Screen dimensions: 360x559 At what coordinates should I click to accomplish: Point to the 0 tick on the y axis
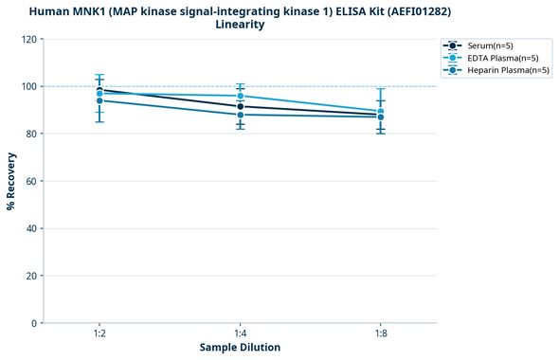pyautogui.click(x=35, y=323)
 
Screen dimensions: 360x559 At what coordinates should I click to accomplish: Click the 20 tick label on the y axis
pyautogui.click(x=32, y=276)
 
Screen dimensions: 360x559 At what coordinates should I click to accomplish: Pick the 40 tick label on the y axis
pyautogui.click(x=32, y=228)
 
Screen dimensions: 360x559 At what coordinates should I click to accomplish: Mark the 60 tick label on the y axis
pyautogui.click(x=32, y=181)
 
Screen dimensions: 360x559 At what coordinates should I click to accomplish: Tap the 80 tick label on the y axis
pyautogui.click(x=32, y=134)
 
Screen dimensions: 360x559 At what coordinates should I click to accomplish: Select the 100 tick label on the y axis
pyautogui.click(x=29, y=86)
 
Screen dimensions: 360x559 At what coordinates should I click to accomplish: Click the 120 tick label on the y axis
pyautogui.click(x=29, y=39)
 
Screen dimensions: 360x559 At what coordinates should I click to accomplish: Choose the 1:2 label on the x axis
pyautogui.click(x=99, y=334)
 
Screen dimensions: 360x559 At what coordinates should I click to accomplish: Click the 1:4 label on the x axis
pyautogui.click(x=240, y=334)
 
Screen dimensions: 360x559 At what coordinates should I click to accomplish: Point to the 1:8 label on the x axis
pyautogui.click(x=381, y=334)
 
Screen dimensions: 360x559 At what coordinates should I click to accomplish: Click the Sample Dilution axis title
pyautogui.click(x=240, y=348)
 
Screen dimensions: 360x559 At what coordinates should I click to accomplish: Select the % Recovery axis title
pyautogui.click(x=11, y=181)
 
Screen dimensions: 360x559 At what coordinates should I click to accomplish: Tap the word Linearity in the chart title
pyautogui.click(x=240, y=25)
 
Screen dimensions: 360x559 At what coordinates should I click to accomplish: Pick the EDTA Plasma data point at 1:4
pyautogui.click(x=241, y=96)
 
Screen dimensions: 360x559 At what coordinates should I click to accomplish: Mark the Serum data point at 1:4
pyautogui.click(x=241, y=106)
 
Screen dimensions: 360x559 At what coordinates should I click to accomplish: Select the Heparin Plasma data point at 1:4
pyautogui.click(x=241, y=115)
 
